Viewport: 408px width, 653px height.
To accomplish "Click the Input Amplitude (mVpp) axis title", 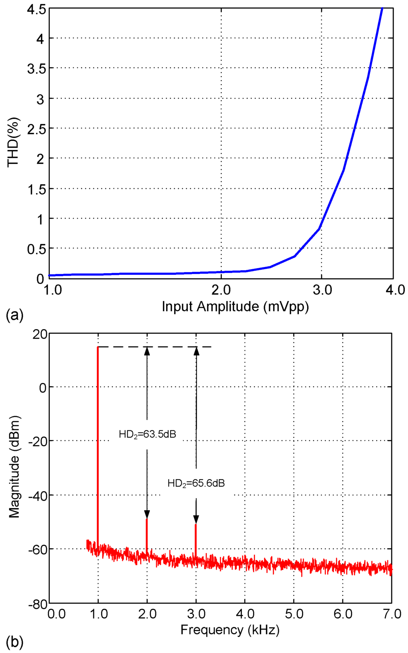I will click(x=235, y=306).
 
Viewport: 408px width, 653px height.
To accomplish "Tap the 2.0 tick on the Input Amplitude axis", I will click(x=221, y=290).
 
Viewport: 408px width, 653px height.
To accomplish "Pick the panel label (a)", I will click(x=15, y=316).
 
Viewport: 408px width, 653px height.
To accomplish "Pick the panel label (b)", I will click(x=15, y=642).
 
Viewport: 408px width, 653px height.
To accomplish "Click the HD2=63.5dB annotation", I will click(x=147, y=434).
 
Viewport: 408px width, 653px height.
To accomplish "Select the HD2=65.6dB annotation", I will click(x=196, y=483).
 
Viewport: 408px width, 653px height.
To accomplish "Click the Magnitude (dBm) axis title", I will click(x=14, y=467).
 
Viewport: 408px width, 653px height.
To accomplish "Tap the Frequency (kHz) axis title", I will click(x=230, y=630).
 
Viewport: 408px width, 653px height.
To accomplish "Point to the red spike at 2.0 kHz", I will click(x=147, y=537).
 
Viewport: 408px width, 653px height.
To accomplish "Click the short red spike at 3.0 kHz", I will click(x=196, y=541).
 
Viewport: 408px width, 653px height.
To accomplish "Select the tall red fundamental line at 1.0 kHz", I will click(x=98, y=439).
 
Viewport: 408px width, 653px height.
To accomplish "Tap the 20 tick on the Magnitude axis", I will click(x=39, y=333).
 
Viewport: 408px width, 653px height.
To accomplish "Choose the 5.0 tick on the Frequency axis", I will click(x=294, y=614).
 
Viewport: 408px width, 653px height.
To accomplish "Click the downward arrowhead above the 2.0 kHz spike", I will click(x=147, y=514).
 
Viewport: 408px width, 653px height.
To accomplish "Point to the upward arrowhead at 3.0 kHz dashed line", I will click(x=196, y=351).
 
